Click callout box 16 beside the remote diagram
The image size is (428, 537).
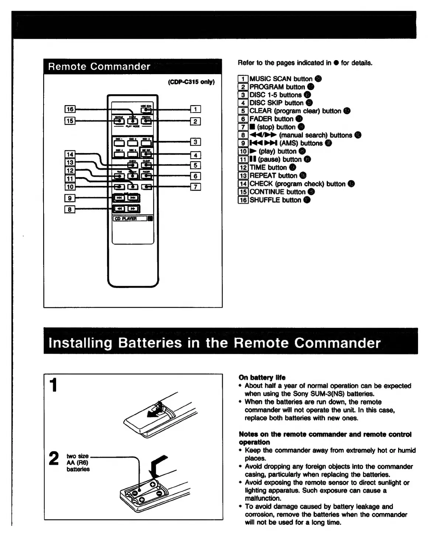click(70, 109)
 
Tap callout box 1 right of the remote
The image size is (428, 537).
click(196, 109)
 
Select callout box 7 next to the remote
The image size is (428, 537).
click(196, 187)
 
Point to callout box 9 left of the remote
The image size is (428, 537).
click(70, 198)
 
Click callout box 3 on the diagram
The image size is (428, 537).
click(196, 142)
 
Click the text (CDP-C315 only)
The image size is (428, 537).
click(191, 82)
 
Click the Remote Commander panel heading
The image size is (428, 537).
click(99, 67)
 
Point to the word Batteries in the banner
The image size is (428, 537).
click(150, 343)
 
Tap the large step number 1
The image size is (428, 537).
click(54, 385)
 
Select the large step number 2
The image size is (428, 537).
click(54, 459)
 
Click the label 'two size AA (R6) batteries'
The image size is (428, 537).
click(78, 462)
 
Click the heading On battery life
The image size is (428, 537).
click(262, 377)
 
